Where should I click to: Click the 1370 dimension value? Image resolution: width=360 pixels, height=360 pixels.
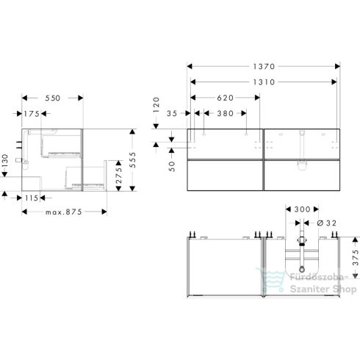pyautogui.click(x=263, y=65)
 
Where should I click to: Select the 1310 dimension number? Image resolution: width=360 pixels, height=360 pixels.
pyautogui.click(x=263, y=82)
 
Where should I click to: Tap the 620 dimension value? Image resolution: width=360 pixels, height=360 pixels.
pyautogui.click(x=225, y=97)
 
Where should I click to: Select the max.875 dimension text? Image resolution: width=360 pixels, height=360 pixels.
pyautogui.click(x=64, y=212)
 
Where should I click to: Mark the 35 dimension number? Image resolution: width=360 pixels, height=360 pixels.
pyautogui.click(x=173, y=113)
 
